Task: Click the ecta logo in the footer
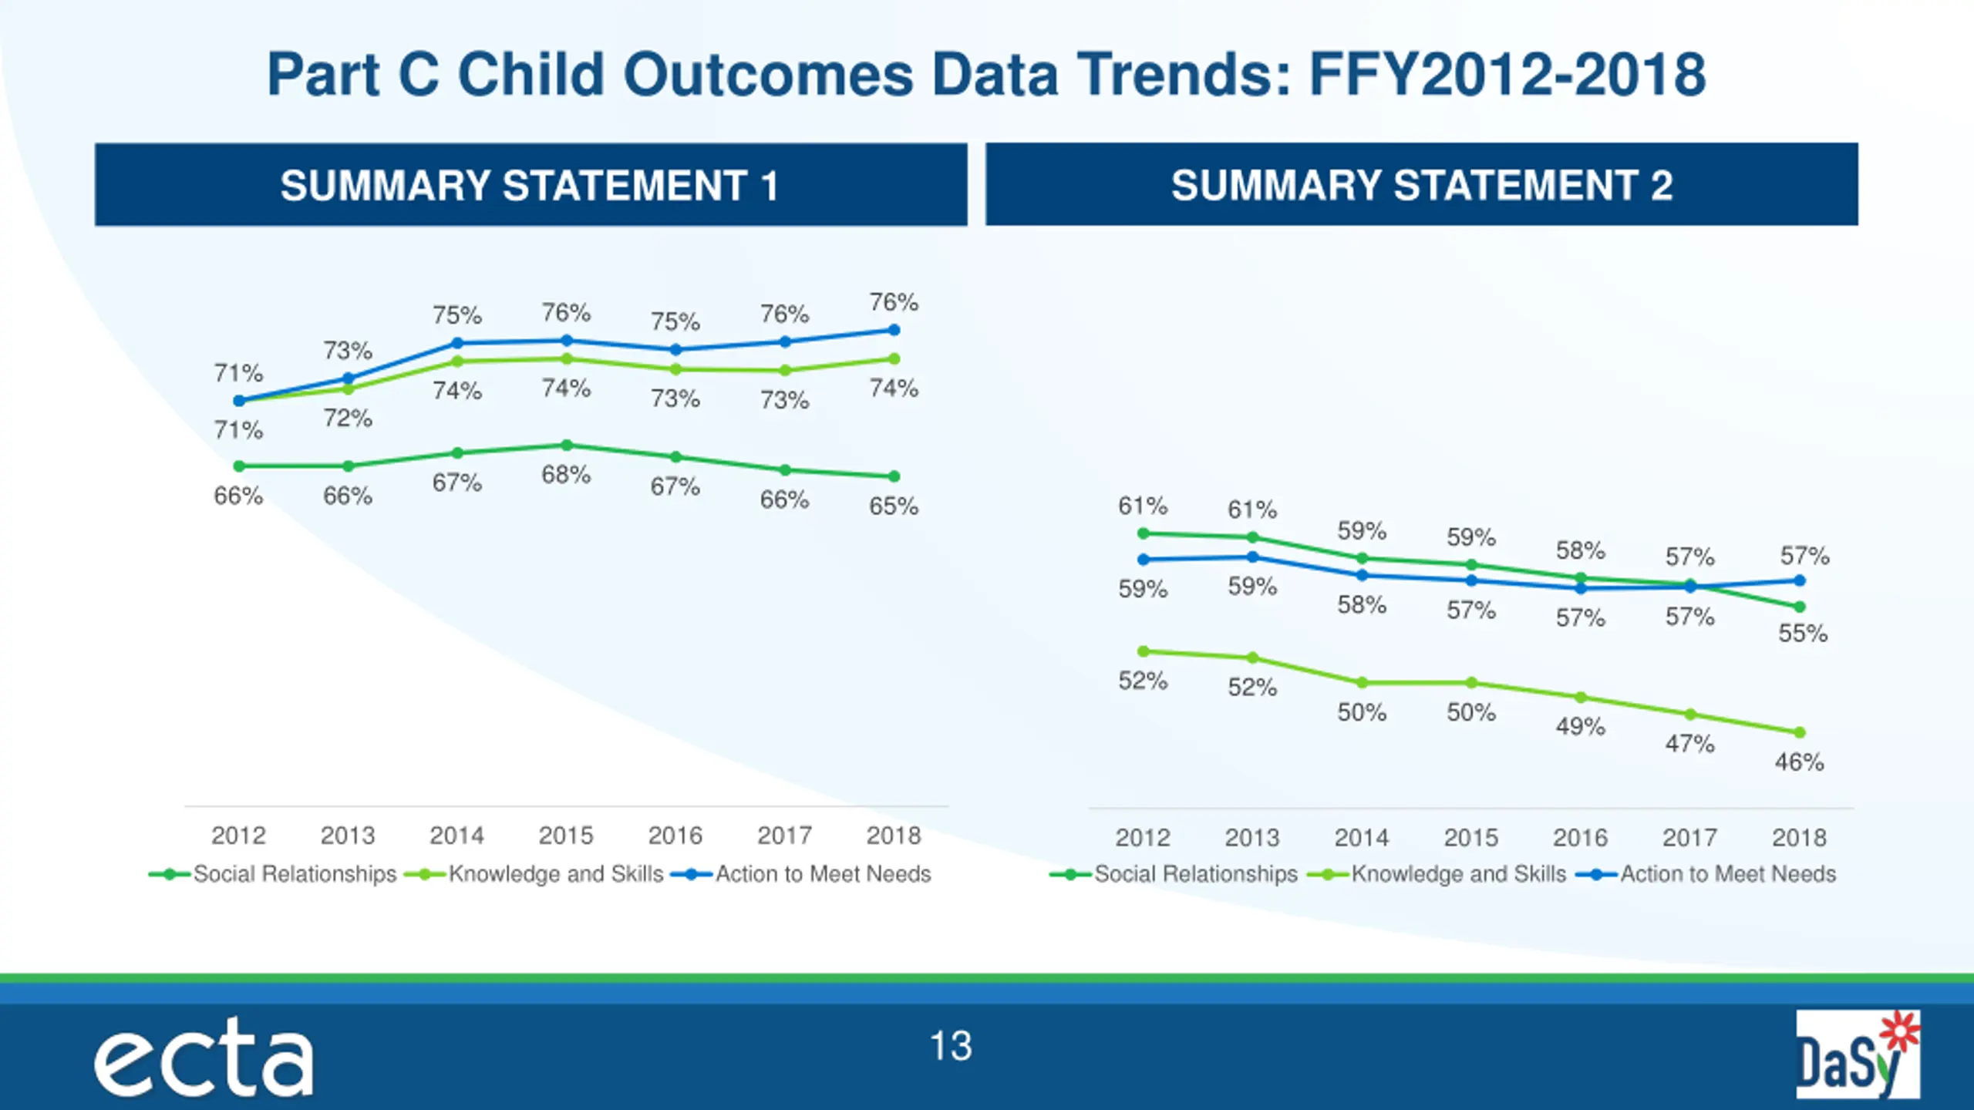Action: (204, 1058)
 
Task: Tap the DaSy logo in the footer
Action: (1857, 1054)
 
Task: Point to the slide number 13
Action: (951, 1047)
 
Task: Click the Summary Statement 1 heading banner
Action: (531, 185)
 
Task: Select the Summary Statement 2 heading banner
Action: (1421, 185)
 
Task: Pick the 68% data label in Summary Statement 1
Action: (566, 475)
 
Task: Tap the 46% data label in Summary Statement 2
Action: (1799, 762)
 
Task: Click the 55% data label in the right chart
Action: (1803, 634)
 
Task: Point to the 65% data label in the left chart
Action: (894, 506)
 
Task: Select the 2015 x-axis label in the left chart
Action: (566, 836)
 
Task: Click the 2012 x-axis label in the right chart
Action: (1143, 838)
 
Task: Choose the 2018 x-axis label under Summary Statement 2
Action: (1799, 838)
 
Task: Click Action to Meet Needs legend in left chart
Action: (823, 874)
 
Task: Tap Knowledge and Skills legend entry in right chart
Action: (1458, 874)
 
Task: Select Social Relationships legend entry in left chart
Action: (295, 874)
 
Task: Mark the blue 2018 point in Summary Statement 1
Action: (894, 330)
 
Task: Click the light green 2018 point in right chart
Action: (1800, 732)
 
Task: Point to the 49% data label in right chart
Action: (1580, 726)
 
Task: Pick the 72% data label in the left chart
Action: (348, 419)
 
